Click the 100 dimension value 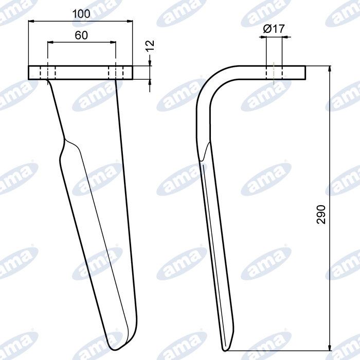tap(81, 14)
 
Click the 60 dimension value tap(81, 35)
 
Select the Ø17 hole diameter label tap(274, 29)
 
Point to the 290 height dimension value tap(321, 214)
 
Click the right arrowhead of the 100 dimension tap(130, 21)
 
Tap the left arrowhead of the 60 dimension tap(50, 42)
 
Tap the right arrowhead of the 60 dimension tap(113, 42)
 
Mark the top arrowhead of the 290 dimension tap(330, 69)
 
